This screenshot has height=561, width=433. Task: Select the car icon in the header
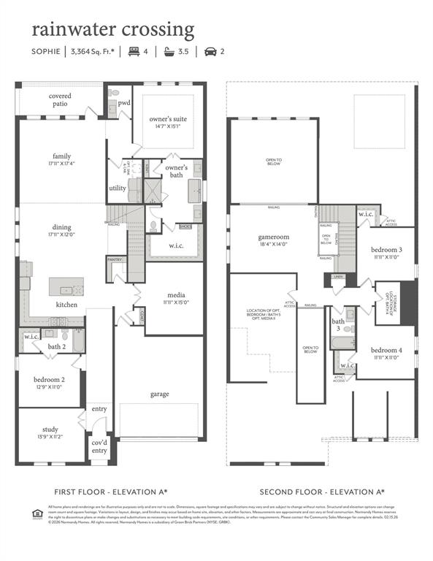(x=210, y=52)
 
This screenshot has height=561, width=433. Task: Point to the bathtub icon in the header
(x=170, y=52)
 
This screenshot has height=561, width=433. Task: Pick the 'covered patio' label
(x=60, y=100)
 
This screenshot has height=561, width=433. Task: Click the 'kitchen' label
(x=67, y=304)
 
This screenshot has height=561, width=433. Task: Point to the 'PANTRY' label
(x=115, y=259)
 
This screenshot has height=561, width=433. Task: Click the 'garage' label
(x=159, y=394)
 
